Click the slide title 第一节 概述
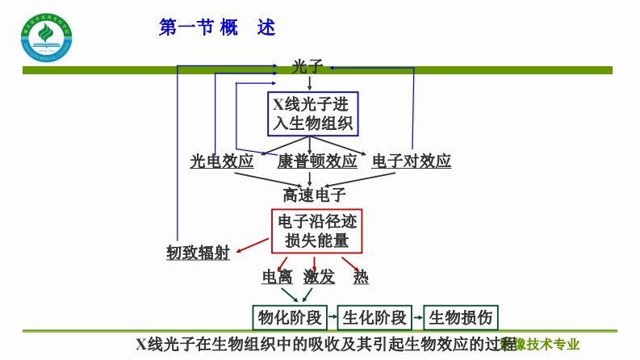217,28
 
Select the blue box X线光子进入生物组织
313,114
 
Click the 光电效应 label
222,161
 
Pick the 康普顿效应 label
317,161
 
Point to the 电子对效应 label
412,161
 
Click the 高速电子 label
314,195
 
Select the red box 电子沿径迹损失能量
317,230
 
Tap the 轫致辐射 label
199,253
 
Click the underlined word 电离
278,277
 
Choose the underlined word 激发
320,277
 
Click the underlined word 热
361,277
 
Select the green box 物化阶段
289,316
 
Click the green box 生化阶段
374,316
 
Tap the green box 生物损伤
460,316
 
